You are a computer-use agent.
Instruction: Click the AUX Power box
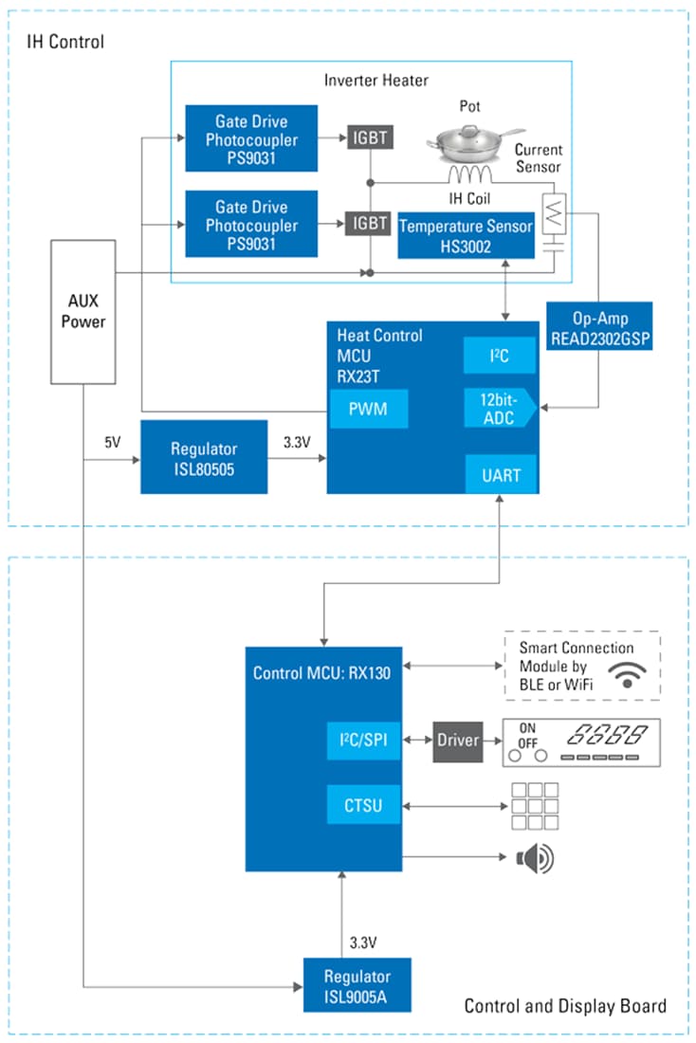[82, 312]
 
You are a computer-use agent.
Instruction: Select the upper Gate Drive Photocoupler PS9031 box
[251, 139]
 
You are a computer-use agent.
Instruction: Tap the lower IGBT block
[370, 223]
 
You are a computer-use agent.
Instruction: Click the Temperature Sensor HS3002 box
[466, 235]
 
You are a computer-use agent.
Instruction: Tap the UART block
[501, 474]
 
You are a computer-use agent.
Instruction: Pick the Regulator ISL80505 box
[204, 457]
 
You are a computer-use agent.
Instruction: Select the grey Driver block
[459, 740]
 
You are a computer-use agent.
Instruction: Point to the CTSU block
[363, 805]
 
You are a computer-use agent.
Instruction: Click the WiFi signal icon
[627, 674]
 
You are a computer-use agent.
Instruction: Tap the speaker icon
[533, 859]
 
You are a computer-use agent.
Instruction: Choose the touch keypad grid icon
[534, 807]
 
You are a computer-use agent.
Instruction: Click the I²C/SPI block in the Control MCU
[363, 740]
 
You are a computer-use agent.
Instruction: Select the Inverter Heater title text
[376, 81]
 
